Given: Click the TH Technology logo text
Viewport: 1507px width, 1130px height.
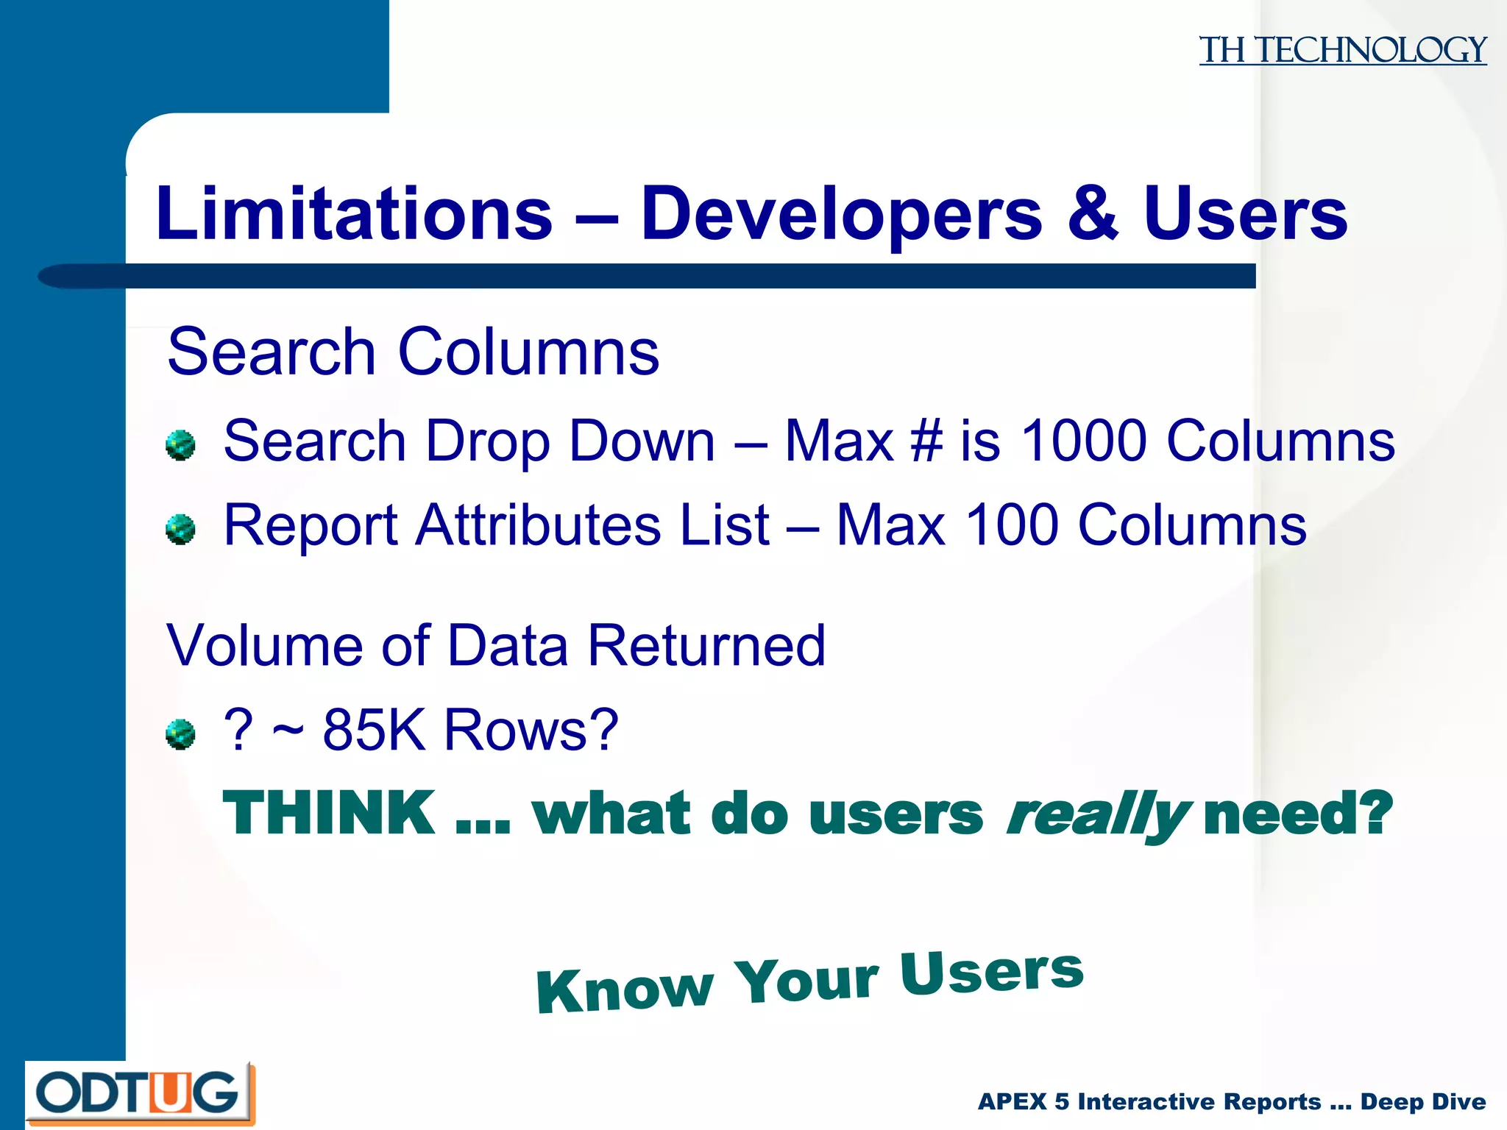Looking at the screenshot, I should (x=1342, y=50).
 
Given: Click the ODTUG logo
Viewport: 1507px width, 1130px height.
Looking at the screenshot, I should (x=140, y=1092).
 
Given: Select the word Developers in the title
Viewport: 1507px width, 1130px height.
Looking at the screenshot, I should (x=841, y=215).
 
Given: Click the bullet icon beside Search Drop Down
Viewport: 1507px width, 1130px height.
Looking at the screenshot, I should (x=180, y=445).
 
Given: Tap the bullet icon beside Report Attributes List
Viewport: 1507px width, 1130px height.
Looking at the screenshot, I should (x=180, y=529).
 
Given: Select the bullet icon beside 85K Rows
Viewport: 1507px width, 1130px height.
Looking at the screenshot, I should (x=180, y=733).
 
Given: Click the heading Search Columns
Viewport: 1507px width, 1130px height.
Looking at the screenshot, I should (x=413, y=352).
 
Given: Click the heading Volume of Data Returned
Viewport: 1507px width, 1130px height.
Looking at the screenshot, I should (x=496, y=646).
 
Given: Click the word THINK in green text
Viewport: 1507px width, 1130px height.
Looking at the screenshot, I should (x=329, y=813).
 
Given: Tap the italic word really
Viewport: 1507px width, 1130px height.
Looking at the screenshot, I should (x=1096, y=815).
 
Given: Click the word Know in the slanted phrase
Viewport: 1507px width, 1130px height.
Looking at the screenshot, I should (x=625, y=989).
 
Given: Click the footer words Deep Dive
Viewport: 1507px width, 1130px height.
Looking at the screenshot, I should (x=1423, y=1101).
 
